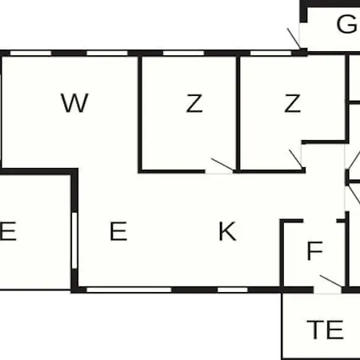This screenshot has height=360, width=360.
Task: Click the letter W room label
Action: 74,102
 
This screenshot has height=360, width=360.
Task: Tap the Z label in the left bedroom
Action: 194,103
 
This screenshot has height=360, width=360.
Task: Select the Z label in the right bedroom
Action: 293,103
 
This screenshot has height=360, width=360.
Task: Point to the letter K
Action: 227,231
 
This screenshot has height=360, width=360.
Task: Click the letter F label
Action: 314,250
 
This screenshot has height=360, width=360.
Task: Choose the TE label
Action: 325,330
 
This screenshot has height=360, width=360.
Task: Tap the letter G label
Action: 346,24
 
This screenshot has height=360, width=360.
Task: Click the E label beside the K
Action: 118,231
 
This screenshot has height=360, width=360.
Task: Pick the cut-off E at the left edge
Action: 8,231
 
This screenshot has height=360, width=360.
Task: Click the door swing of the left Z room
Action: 222,164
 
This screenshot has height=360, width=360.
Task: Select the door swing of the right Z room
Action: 296,159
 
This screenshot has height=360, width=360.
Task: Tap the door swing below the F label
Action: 330,281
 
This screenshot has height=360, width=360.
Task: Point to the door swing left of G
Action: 294,38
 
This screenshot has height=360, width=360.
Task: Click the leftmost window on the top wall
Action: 30,53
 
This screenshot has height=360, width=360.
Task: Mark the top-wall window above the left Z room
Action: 183,53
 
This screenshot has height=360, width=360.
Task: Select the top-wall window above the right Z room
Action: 270,53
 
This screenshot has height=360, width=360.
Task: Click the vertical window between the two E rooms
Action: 74,241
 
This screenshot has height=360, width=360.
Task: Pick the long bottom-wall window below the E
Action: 129,290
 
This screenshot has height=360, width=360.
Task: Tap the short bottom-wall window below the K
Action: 233,290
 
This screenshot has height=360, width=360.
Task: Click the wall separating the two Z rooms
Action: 238,114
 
